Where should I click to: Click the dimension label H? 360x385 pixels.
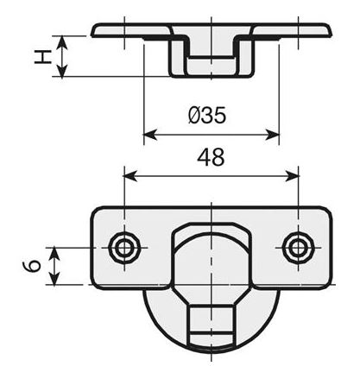point(40,56)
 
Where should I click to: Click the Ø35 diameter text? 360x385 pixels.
point(207,115)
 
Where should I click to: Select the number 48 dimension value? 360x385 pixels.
point(211,157)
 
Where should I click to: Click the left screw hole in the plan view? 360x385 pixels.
point(125,249)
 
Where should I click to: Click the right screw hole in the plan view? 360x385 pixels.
point(298,249)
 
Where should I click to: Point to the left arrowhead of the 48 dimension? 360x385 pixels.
point(129,175)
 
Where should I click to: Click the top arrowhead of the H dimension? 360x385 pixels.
point(60,40)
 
